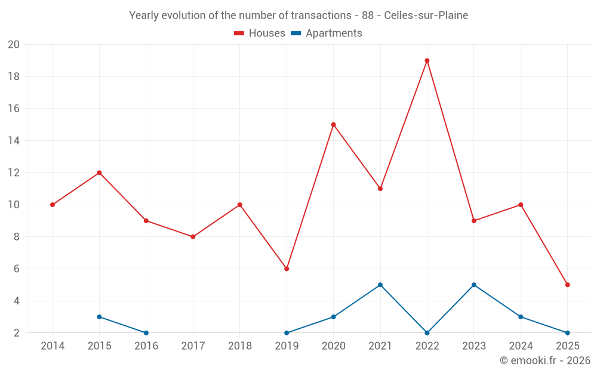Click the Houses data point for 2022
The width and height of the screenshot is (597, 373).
click(427, 60)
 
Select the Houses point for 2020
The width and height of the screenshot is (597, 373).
click(333, 125)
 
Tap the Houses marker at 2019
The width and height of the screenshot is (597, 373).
click(287, 269)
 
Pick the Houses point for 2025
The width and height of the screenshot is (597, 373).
click(567, 285)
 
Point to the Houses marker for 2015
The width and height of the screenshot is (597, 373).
click(99, 172)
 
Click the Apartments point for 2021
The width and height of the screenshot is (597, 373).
click(380, 285)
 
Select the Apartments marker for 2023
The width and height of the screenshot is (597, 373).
click(474, 285)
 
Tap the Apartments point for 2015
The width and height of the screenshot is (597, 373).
click(99, 317)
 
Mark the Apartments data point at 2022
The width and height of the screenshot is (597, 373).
click(427, 333)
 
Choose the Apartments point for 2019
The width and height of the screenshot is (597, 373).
click(287, 333)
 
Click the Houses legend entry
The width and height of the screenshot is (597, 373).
click(260, 33)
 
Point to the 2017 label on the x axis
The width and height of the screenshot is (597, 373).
click(193, 346)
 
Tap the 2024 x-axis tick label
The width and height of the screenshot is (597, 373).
click(521, 346)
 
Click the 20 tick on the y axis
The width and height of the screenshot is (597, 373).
click(14, 45)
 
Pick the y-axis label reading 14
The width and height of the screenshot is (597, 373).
click(14, 141)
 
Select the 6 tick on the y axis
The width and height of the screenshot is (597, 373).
click(17, 269)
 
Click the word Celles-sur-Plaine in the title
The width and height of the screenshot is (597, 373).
click(426, 15)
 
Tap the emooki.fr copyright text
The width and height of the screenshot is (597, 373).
click(545, 360)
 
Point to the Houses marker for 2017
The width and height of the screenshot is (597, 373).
click(193, 237)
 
